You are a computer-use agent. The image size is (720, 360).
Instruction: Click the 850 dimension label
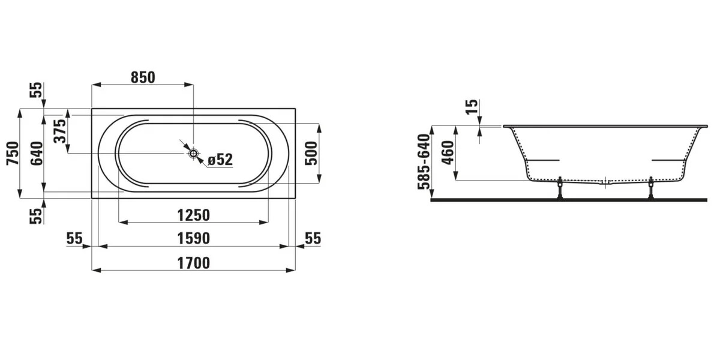click(143, 77)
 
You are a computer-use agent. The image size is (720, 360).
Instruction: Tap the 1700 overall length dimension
click(193, 263)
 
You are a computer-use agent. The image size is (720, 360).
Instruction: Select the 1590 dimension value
click(193, 239)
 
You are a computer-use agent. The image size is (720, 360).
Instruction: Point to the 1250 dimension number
click(193, 215)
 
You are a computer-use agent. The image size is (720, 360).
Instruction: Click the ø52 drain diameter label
click(220, 160)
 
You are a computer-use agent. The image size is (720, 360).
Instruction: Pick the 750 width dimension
click(13, 154)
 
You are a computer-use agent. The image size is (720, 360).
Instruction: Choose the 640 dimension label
click(37, 154)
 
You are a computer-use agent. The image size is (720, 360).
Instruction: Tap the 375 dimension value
click(60, 131)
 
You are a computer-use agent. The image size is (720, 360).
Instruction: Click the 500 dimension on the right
click(311, 154)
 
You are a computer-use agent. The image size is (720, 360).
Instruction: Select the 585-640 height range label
click(424, 161)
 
